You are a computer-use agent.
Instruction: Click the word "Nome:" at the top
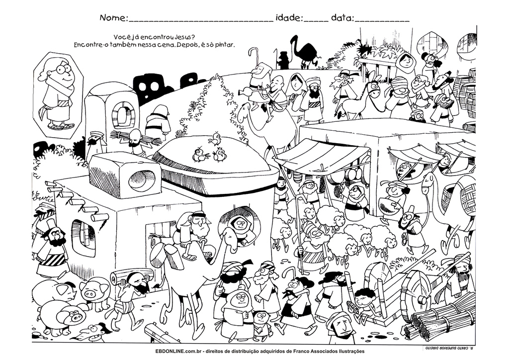click(x=113, y=18)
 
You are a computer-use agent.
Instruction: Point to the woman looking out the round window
click(x=241, y=225)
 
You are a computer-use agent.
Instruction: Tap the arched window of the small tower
click(x=120, y=115)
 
